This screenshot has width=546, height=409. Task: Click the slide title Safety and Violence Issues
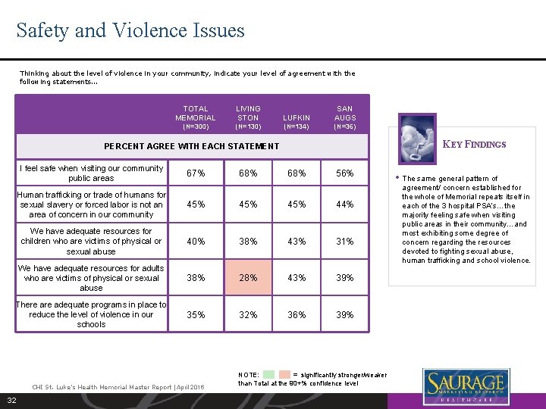tap(130, 31)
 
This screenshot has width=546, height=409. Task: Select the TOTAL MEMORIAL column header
tap(196, 114)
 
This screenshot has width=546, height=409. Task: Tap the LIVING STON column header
tap(248, 114)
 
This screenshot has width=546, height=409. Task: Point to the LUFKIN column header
tap(297, 118)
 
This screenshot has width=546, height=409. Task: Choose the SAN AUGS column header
tap(345, 114)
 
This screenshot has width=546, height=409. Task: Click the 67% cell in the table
tap(196, 173)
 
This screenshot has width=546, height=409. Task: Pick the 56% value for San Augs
tap(345, 173)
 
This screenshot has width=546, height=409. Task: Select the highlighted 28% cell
tap(248, 278)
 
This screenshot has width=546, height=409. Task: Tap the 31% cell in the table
tap(345, 242)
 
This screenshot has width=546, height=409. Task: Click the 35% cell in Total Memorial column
tap(196, 315)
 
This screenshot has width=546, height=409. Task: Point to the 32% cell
tap(248, 315)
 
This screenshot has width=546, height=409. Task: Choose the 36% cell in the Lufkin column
tap(297, 315)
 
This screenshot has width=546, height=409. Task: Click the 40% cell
tap(196, 242)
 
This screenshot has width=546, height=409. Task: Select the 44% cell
tap(345, 204)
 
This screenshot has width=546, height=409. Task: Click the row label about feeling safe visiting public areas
tap(91, 173)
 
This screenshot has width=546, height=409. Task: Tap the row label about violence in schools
tap(91, 314)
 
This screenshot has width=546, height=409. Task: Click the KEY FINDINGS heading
tap(474, 144)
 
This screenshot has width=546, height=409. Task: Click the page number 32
tap(12, 400)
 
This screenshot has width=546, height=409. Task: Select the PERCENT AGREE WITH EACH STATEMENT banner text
tap(191, 146)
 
